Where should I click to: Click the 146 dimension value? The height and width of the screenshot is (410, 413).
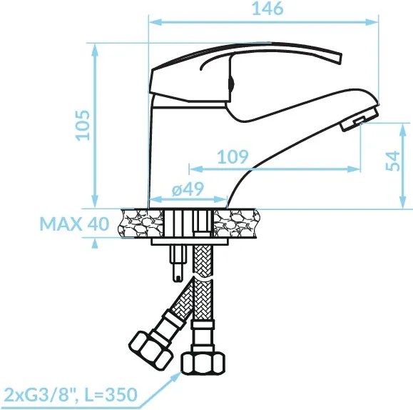[x=267, y=9]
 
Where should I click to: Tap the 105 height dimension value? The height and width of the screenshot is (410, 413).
[x=83, y=125]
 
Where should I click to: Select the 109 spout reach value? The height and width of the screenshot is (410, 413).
[x=233, y=156]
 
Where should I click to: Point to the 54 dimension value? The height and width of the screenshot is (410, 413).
[x=392, y=161]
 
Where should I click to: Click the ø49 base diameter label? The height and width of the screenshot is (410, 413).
[x=188, y=189]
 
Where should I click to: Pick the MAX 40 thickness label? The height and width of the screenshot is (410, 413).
[x=74, y=224]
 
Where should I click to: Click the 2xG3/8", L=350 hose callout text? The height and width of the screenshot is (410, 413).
[x=71, y=394]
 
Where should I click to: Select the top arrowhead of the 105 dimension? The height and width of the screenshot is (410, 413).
[x=95, y=50]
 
